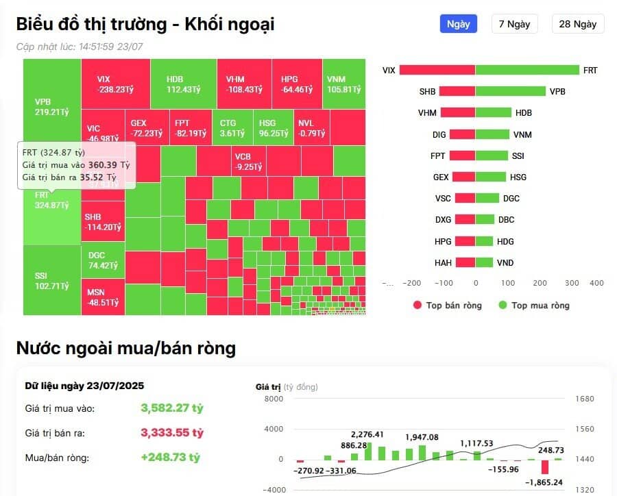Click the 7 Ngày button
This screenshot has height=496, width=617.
[x=514, y=24]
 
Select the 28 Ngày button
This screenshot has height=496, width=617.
[x=577, y=24]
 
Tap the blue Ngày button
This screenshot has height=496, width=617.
[x=458, y=24]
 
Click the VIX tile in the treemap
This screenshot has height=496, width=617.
[x=114, y=84]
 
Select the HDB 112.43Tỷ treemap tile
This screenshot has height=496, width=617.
[x=183, y=84]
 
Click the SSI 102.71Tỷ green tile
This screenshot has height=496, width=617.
[x=52, y=280]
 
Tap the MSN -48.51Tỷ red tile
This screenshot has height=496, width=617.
[x=103, y=297]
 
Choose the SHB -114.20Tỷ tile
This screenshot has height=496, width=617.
[x=103, y=221]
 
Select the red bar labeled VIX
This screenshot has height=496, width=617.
[x=437, y=70]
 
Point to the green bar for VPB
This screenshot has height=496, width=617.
[x=510, y=91]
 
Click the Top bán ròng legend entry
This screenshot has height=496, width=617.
[x=447, y=305]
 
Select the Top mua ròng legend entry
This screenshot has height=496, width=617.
[x=533, y=305]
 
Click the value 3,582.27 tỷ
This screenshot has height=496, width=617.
[x=172, y=408]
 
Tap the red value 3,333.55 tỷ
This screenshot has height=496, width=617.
[x=172, y=433]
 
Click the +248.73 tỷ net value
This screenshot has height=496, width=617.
[x=170, y=458]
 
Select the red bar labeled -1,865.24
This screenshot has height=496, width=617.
[x=545, y=467]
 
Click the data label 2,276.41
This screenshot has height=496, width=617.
[x=367, y=434]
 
